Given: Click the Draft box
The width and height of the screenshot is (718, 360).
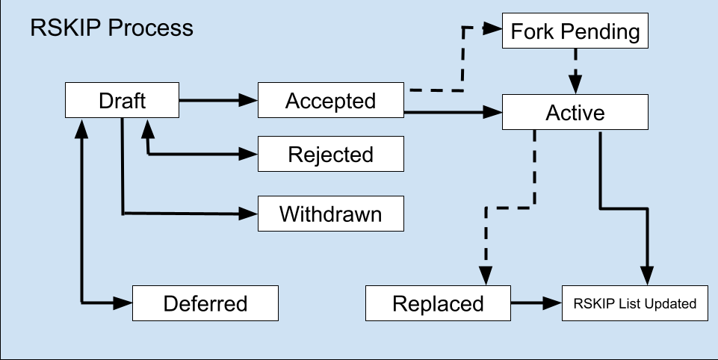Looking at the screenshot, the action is point(122,100).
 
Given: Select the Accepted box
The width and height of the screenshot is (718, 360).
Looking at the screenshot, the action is point(331,100).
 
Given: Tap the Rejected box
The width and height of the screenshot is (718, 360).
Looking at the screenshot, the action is point(331,154).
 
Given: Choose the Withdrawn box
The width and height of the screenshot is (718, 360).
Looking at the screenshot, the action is point(331,214).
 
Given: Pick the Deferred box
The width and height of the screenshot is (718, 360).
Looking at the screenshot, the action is point(205,303).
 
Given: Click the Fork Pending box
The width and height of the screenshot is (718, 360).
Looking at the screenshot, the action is point(575,31).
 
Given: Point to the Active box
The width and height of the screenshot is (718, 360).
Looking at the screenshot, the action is point(575,112).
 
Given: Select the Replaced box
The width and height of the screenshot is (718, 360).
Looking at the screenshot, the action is point(438,303).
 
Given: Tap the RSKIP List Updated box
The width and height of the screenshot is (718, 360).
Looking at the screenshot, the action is point(634,303).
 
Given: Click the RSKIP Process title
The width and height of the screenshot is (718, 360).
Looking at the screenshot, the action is point(112,28).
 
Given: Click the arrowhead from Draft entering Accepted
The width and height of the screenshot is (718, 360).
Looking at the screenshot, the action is point(249,100).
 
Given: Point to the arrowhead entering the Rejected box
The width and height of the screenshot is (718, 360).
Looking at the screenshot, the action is point(249,155).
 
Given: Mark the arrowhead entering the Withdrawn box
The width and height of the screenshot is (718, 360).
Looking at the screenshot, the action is point(249,214).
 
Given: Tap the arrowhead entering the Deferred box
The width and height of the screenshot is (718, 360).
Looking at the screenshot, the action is point(123,302).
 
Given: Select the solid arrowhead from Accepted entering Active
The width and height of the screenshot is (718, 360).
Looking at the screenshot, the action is point(493,112).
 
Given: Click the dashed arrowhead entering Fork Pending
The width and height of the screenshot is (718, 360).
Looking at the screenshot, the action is point(493,28).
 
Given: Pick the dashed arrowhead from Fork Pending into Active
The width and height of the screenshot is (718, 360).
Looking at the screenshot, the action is point(575,85).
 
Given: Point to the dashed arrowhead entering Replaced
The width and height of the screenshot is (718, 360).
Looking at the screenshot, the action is point(486,276).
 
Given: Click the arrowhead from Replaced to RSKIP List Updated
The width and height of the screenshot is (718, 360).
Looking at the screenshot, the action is point(553,302).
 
